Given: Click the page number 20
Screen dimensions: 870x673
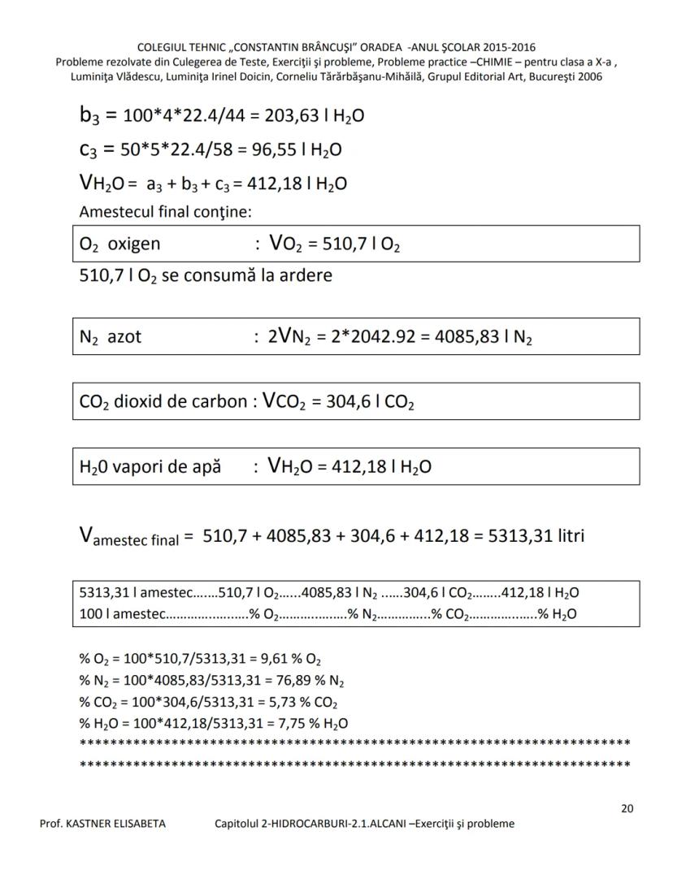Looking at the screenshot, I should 627,808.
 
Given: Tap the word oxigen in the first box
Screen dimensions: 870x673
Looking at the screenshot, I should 134,244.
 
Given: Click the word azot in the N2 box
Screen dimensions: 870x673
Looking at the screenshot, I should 124,336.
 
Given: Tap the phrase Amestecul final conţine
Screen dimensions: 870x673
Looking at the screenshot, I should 166,212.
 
